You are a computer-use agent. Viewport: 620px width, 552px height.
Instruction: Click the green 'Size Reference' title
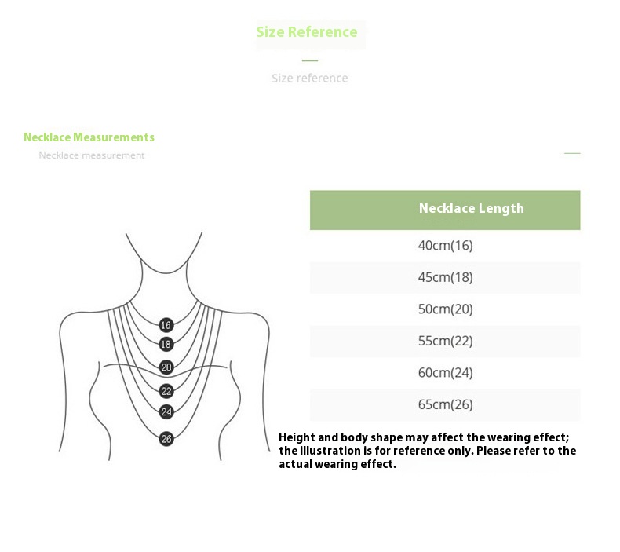point(307,32)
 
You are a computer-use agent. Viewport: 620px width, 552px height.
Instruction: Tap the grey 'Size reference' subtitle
point(309,79)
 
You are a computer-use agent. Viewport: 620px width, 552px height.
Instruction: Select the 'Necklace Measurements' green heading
point(89,137)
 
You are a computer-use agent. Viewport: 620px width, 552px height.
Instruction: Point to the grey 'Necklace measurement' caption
point(92,155)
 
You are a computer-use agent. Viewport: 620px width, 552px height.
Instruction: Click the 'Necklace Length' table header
point(471,209)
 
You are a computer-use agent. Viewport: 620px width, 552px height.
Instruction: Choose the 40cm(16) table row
point(446,246)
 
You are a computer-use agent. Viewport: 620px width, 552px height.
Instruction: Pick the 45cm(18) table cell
point(446,277)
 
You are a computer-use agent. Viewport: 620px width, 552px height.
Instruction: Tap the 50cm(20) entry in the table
point(446,309)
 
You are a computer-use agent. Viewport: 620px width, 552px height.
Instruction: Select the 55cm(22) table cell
point(446,341)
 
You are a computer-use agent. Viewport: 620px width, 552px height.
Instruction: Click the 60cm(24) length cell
point(446,373)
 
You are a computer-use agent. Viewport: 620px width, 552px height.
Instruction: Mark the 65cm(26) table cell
point(446,405)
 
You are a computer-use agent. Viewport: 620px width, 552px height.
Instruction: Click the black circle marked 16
point(166,325)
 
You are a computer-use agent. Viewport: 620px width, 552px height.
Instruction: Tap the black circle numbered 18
point(166,344)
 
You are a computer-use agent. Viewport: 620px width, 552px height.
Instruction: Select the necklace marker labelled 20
point(166,367)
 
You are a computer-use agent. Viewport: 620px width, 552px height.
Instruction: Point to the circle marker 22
point(166,390)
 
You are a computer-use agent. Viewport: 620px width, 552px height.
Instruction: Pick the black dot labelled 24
point(166,411)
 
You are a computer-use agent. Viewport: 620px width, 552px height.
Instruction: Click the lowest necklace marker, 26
point(166,439)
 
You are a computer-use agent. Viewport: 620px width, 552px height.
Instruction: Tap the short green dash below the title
point(310,60)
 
